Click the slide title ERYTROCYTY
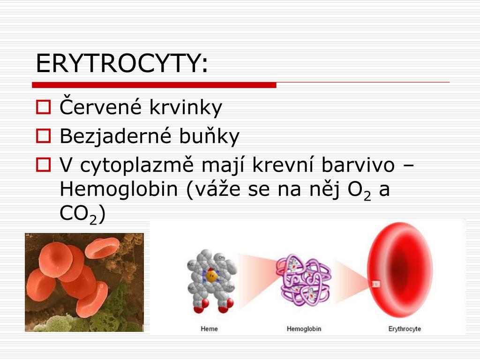121,63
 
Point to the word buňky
209,136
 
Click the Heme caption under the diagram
209,329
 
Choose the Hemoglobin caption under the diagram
304,329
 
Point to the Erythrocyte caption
405,329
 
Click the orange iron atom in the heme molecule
211,276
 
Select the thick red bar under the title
154,85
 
